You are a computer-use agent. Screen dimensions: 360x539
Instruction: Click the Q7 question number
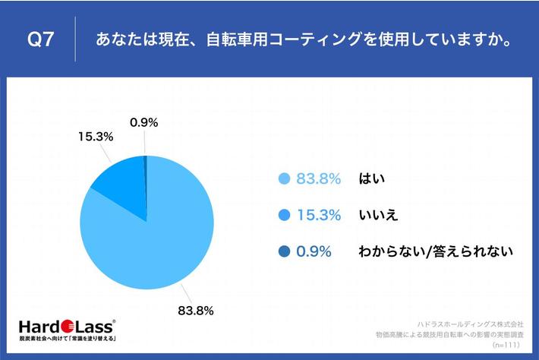click(x=41, y=39)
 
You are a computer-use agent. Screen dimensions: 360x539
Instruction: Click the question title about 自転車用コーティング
click(x=301, y=39)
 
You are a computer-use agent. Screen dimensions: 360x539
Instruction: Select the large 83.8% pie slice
click(x=152, y=243)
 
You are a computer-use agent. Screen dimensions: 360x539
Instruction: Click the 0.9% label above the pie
click(x=143, y=122)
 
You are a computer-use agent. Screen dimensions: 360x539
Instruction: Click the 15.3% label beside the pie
click(x=96, y=137)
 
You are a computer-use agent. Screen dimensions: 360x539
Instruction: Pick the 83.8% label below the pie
click(x=195, y=311)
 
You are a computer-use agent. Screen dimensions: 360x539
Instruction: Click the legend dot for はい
click(x=285, y=179)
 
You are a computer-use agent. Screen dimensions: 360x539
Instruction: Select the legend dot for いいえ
click(x=285, y=215)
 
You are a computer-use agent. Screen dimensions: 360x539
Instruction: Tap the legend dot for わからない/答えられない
click(x=285, y=251)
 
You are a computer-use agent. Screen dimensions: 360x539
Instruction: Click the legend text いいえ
click(x=379, y=215)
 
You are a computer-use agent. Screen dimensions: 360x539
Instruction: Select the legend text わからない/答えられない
click(x=436, y=251)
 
